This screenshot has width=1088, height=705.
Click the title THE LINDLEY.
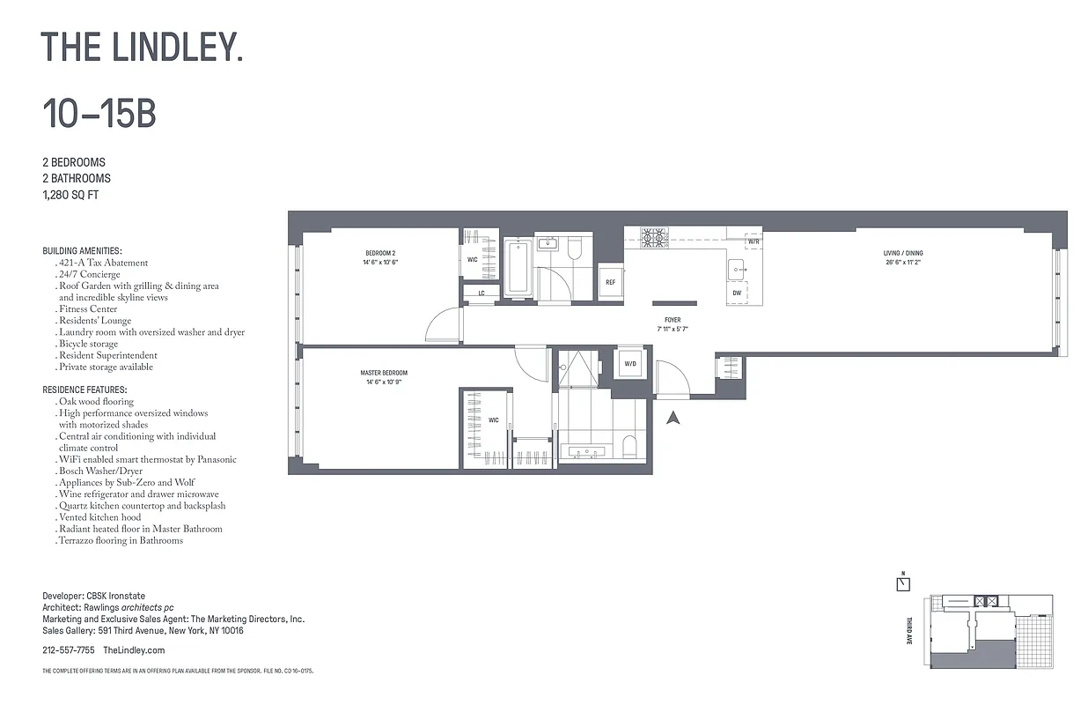142,47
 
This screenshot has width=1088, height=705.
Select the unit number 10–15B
99,114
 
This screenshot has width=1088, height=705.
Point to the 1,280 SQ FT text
70,195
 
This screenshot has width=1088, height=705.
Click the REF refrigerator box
610,282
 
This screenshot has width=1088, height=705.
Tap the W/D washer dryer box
630,363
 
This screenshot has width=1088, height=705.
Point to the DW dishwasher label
736,293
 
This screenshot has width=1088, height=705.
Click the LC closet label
482,293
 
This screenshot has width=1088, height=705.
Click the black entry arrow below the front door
673,418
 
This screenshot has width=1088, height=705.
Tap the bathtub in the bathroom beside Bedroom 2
518,267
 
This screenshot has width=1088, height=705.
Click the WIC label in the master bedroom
493,420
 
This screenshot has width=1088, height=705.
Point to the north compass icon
903,583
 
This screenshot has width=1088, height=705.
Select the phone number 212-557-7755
69,650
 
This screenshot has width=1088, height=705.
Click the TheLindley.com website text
134,650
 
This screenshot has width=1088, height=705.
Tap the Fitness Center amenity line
88,309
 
